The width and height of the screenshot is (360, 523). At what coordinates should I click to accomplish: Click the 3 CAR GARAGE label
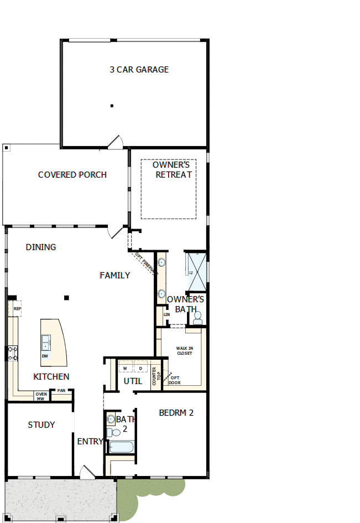139,70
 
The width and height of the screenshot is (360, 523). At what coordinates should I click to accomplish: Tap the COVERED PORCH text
72,175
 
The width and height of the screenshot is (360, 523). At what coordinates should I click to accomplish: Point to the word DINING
41,247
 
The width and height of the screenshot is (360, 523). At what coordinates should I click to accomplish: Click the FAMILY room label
115,275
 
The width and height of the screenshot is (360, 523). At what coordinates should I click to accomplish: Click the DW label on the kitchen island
45,356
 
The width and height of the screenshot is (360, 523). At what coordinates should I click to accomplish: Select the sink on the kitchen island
45,343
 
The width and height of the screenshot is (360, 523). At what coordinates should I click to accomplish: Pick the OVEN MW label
40,396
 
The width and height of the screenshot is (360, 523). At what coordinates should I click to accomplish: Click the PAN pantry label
61,391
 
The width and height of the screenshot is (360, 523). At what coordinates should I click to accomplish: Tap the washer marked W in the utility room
126,368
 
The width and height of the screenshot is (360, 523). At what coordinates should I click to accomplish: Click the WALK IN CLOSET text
185,351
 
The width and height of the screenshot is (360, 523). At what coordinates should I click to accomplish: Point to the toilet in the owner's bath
197,318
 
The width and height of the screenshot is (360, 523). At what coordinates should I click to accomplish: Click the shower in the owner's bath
196,271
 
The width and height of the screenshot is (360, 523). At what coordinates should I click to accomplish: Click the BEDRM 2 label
176,413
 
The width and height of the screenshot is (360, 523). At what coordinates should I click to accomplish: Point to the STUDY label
41,425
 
